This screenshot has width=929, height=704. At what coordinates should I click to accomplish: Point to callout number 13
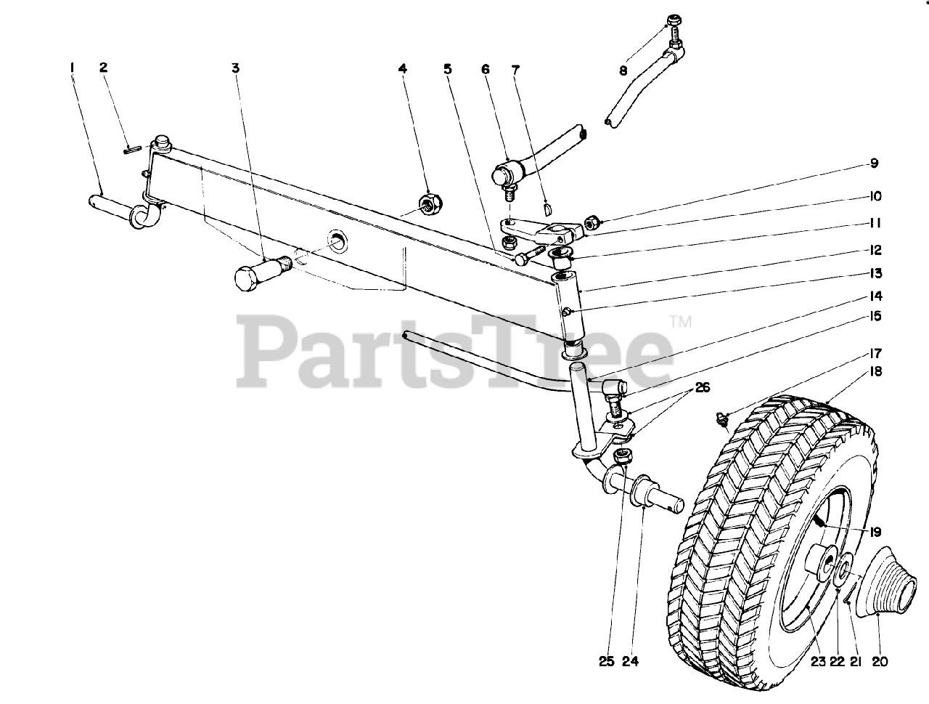pos(875,273)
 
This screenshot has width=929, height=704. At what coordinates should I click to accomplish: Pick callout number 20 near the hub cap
pos(879,662)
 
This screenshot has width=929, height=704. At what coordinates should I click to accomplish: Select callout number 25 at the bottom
pos(606,662)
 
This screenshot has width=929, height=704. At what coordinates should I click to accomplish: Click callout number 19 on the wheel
pos(867,530)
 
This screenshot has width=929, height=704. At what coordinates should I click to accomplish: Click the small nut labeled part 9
pos(592,219)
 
